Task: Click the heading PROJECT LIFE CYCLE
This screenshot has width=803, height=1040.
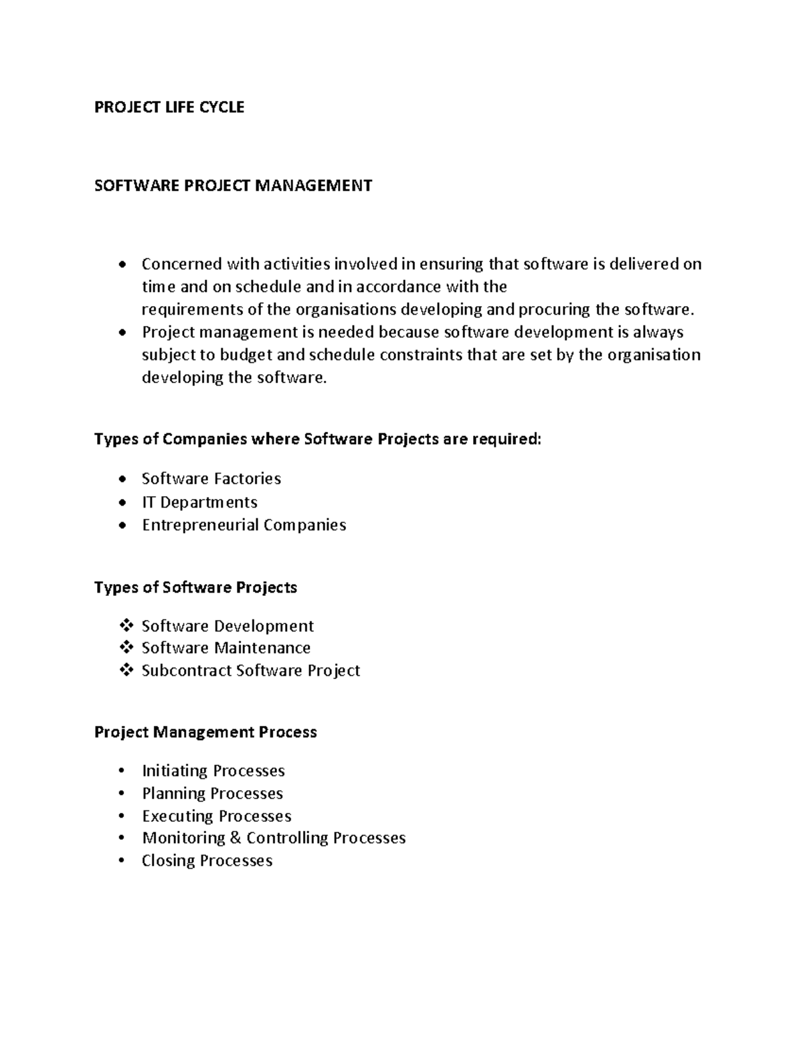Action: coord(169,107)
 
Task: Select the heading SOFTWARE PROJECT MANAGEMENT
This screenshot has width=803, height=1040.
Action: coord(233,185)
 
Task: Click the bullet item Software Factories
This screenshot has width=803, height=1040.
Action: coord(211,479)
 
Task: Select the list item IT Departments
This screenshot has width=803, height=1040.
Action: coord(199,502)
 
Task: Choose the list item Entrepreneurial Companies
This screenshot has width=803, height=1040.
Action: coord(244,525)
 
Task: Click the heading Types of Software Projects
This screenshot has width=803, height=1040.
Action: coord(195,587)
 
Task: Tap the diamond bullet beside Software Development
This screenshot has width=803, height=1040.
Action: coord(125,626)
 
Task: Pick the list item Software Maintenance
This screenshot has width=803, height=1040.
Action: coord(226,648)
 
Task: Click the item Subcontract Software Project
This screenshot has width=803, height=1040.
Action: coord(250,671)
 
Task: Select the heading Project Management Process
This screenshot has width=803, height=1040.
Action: coord(205,732)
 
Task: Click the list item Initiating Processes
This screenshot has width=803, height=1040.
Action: coord(213,771)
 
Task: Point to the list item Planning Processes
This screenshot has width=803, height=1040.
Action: coord(212,794)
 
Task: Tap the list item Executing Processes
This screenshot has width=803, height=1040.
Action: coord(216,816)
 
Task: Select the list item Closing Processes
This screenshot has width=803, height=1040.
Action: coord(207,861)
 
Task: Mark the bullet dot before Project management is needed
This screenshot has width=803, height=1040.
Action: coord(121,333)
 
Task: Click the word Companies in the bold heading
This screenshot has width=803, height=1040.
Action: coord(205,439)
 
